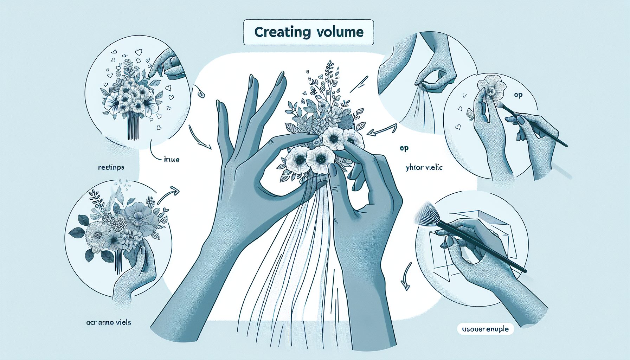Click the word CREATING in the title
point(282,32)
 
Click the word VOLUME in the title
point(339,32)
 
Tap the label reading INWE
point(172,160)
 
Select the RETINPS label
point(111,168)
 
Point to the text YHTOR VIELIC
point(424,168)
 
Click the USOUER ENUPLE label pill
point(485,329)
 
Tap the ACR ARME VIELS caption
point(108,322)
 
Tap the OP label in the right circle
point(518,95)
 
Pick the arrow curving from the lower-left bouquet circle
point(168,195)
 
